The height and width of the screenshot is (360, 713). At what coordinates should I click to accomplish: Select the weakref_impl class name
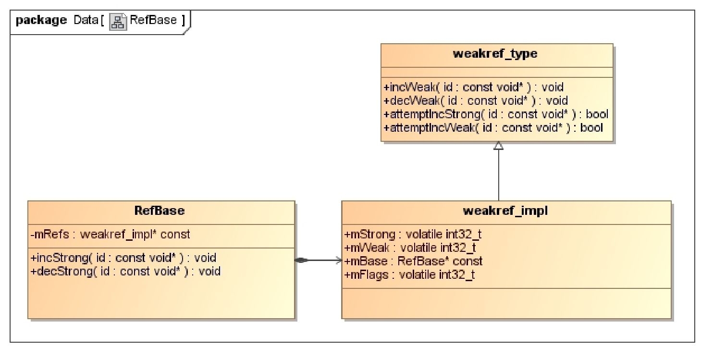pyautogui.click(x=506, y=211)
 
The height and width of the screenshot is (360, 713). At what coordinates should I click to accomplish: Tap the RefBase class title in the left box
pyautogui.click(x=161, y=211)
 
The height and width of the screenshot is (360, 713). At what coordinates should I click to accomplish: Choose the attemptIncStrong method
pyautogui.click(x=496, y=114)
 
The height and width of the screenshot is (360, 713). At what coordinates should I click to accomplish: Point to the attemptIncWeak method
pyautogui.click(x=493, y=128)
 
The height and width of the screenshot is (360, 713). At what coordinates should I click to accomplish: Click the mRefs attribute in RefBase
pyautogui.click(x=110, y=235)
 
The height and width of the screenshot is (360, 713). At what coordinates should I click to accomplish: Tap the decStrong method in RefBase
pyautogui.click(x=125, y=271)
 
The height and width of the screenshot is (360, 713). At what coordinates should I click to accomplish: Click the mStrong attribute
pyautogui.click(x=413, y=235)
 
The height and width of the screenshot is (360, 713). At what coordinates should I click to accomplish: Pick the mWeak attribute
pyautogui.click(x=410, y=248)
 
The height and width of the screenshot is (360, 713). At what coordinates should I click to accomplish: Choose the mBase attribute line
pyautogui.click(x=414, y=261)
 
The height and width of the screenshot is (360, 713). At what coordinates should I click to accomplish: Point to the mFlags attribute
pyautogui.click(x=410, y=275)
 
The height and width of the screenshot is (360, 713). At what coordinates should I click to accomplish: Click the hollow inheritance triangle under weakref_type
pyautogui.click(x=498, y=146)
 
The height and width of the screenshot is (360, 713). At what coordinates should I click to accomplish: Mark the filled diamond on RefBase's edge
pyautogui.click(x=301, y=261)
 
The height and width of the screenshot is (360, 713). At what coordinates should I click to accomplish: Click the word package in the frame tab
pyautogui.click(x=41, y=21)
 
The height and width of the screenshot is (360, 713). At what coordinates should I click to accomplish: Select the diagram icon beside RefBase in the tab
pyautogui.click(x=119, y=21)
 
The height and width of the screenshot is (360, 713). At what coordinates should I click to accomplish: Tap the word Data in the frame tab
pyautogui.click(x=85, y=21)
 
